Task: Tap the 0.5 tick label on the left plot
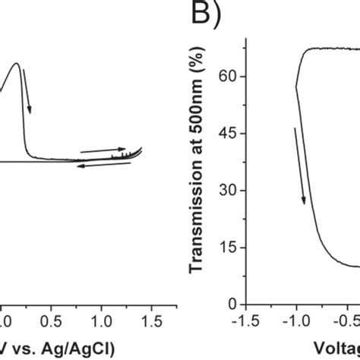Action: point(51,319)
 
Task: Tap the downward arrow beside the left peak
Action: point(27,84)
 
